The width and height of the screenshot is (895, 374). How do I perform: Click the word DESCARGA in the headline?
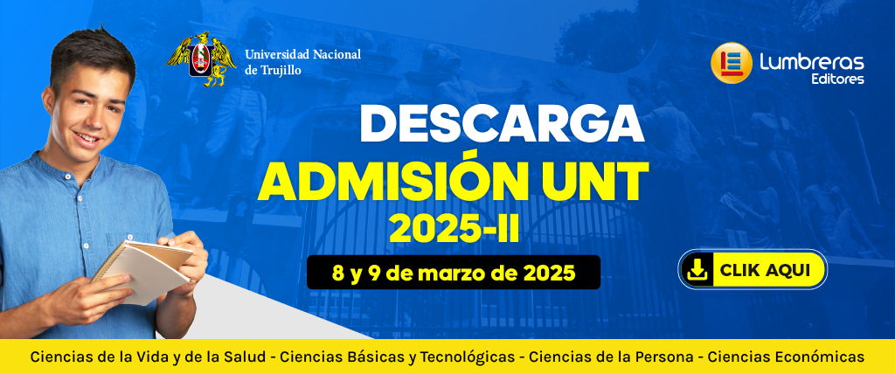pyautogui.click(x=502, y=124)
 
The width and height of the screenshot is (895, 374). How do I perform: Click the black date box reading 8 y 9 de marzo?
pyautogui.click(x=454, y=273)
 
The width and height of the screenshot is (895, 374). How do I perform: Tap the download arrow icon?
pyautogui.click(x=697, y=270)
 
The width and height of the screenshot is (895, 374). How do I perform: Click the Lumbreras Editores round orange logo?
pyautogui.click(x=732, y=63)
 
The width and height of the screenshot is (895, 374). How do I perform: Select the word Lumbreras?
pyautogui.click(x=811, y=62)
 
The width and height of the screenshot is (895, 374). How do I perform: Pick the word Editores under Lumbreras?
pyautogui.click(x=837, y=80)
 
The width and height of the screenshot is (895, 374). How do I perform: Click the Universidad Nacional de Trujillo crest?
pyautogui.click(x=201, y=59)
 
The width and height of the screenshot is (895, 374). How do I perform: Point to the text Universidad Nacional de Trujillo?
pyautogui.click(x=302, y=62)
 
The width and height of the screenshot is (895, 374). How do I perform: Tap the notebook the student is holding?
pyautogui.click(x=142, y=269)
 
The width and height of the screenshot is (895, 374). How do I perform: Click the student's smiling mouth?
pyautogui.click(x=87, y=139)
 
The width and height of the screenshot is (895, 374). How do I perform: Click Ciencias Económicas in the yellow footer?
pyautogui.click(x=786, y=357)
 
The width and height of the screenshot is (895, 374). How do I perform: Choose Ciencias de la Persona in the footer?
pyautogui.click(x=611, y=357)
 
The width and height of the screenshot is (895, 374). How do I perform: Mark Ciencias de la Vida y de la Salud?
pyautogui.click(x=148, y=358)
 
